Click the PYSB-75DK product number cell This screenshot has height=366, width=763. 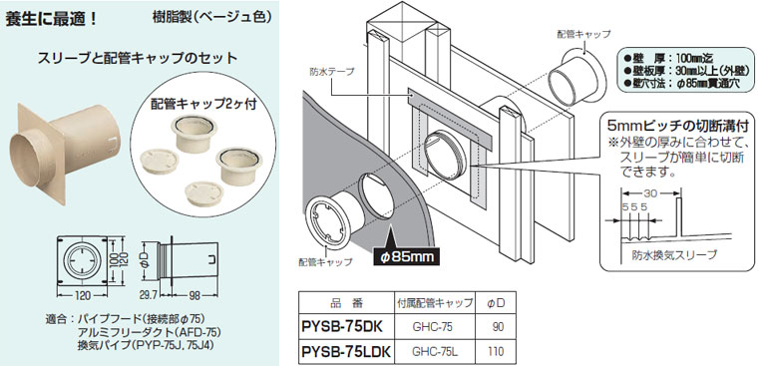340,326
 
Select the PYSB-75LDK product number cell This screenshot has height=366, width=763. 345,351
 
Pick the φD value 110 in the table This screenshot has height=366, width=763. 496,351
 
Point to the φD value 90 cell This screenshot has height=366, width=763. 498,327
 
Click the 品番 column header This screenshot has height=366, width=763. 346,303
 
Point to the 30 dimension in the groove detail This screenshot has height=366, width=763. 650,192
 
